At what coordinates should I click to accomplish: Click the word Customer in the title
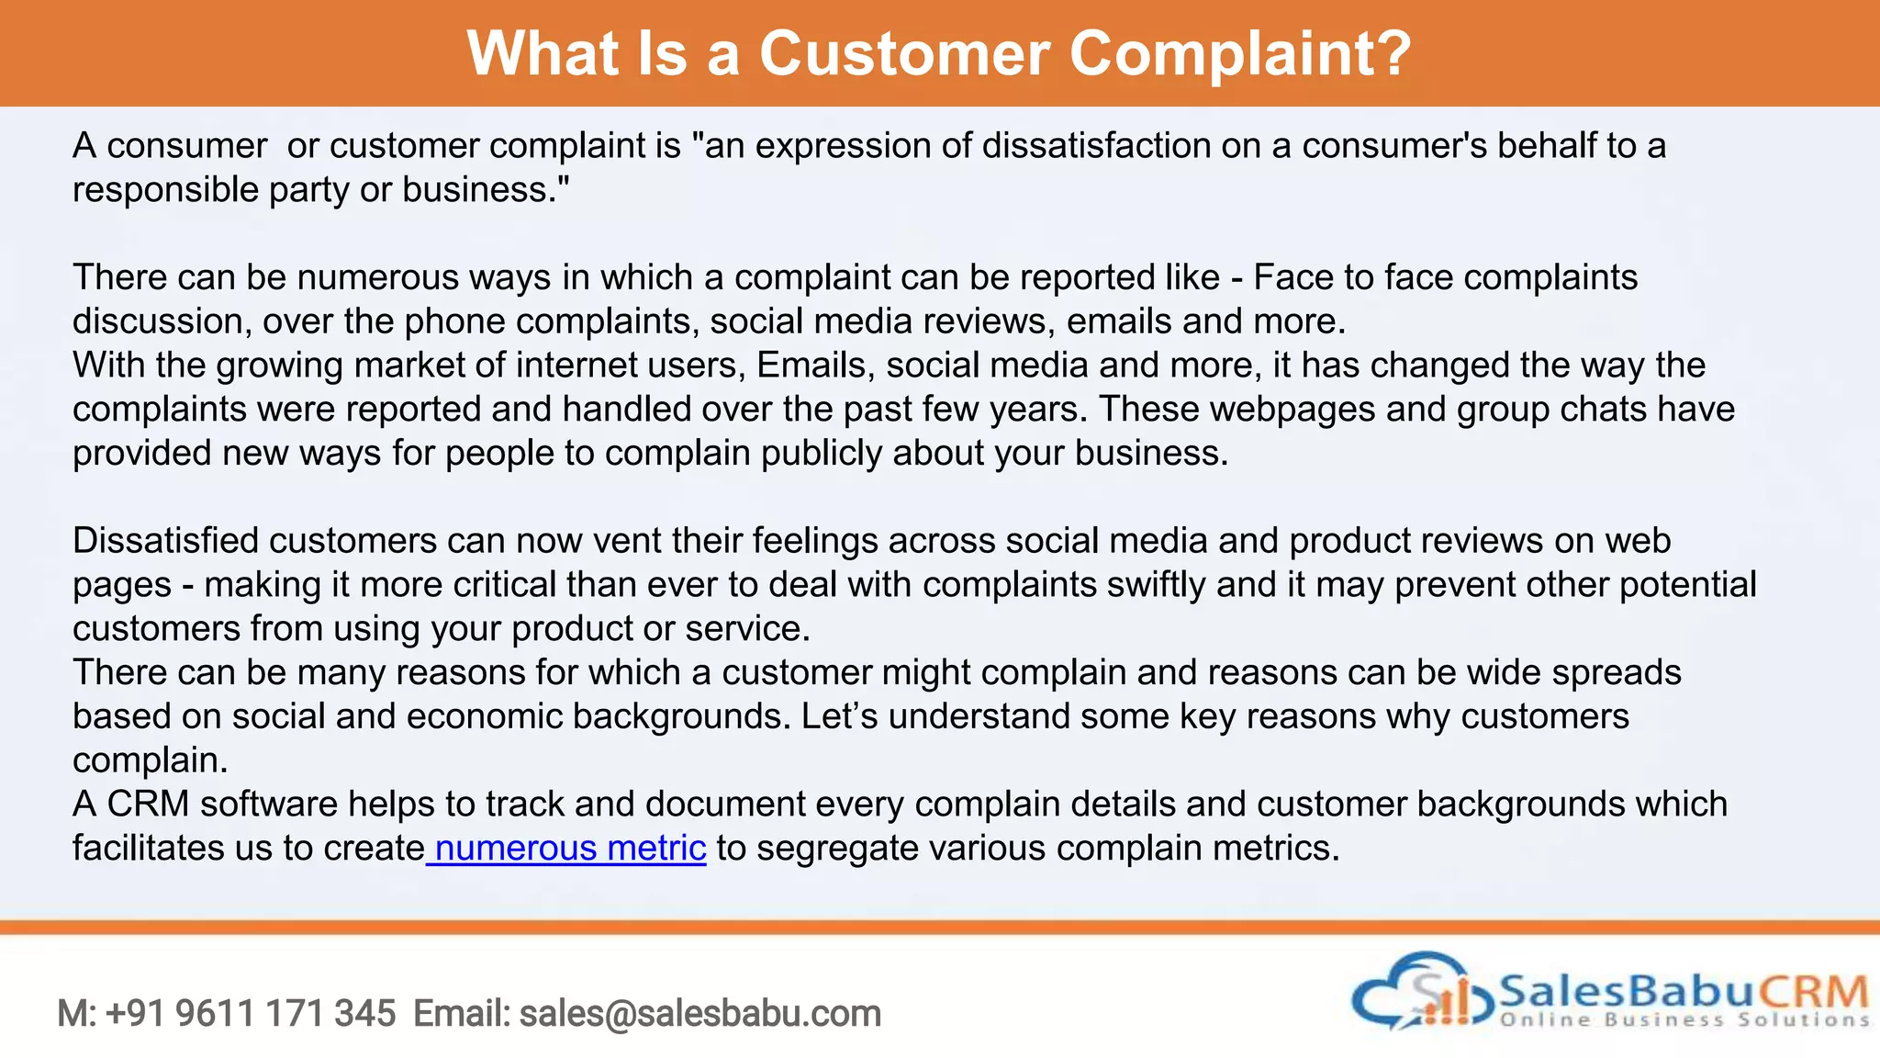pyautogui.click(x=903, y=53)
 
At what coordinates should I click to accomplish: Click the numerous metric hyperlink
pyautogui.click(x=569, y=848)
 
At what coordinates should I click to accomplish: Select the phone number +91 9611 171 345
pyautogui.click(x=251, y=1014)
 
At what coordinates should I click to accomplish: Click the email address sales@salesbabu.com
pyautogui.click(x=699, y=1014)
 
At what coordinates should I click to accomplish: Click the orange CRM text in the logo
pyautogui.click(x=1814, y=992)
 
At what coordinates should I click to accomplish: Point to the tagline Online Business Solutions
pyautogui.click(x=1684, y=1019)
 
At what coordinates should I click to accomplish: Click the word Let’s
pyautogui.click(x=839, y=716)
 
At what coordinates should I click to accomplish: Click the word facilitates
pyautogui.click(x=148, y=848)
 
